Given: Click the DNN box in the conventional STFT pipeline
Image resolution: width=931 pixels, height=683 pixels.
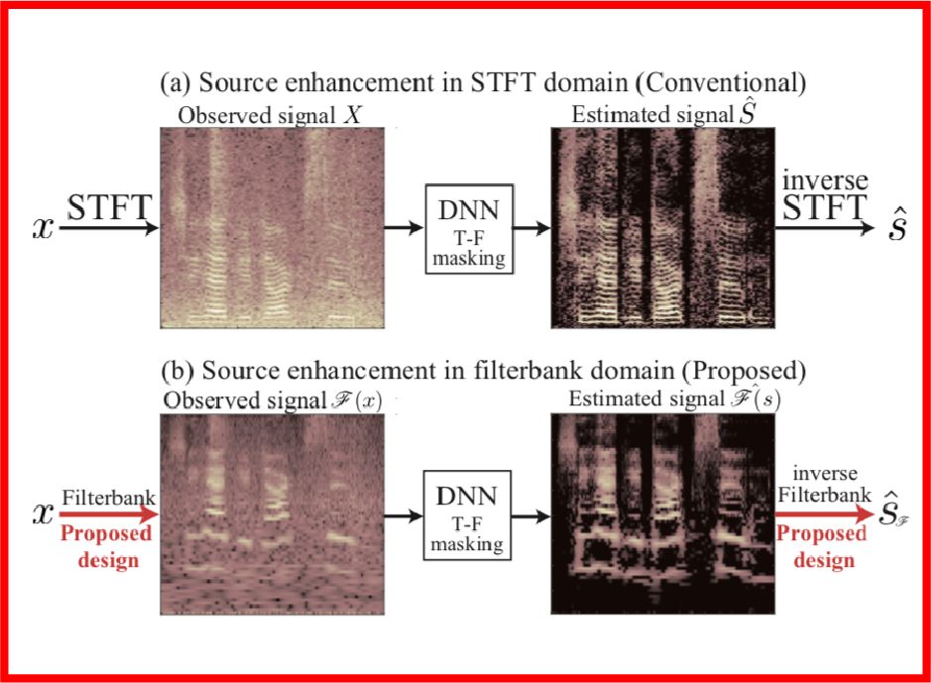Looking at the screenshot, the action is (x=467, y=229).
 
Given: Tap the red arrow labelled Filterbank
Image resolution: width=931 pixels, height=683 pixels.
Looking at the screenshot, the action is (x=107, y=514).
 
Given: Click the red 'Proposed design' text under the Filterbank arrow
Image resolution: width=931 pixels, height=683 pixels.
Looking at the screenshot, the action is (x=107, y=548).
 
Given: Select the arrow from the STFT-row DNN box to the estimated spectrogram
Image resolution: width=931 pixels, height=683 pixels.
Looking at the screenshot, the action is (x=530, y=229).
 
